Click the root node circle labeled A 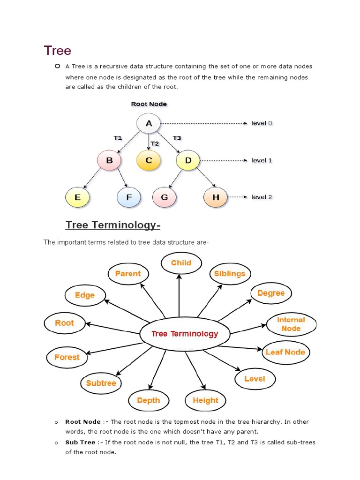point(149,124)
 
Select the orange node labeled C point(149,160)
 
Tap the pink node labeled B point(109,160)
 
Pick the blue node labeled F point(129,197)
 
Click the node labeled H point(216,197)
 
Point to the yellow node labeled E point(77,197)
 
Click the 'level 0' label point(262,123)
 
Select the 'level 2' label point(262,197)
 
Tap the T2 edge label point(155,143)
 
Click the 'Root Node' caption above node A point(149,104)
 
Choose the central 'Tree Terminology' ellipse point(185,334)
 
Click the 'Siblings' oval point(230,274)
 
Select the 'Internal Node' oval point(291,324)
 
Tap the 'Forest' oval point(67,357)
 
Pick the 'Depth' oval point(148,400)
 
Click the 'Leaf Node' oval point(285,352)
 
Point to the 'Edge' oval point(85,295)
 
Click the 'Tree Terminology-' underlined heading point(113,225)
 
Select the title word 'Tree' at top point(57,51)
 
